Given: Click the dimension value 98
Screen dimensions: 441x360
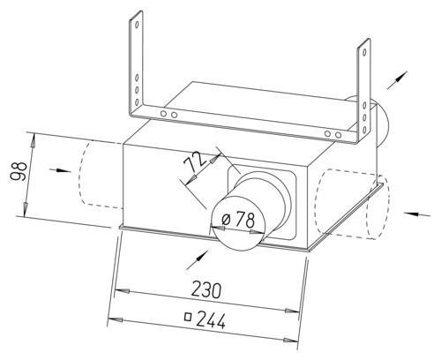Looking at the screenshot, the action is (x=19, y=170).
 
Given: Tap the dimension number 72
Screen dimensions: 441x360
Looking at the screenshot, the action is (x=195, y=161).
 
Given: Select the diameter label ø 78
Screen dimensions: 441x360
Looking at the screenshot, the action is (x=239, y=219).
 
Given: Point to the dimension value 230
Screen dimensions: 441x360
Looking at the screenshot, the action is (x=206, y=290).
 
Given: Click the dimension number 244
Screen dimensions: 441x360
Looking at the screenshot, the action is (x=211, y=320).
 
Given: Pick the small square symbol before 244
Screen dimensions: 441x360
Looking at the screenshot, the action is (x=188, y=317).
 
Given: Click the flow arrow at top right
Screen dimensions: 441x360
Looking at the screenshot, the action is (x=397, y=79).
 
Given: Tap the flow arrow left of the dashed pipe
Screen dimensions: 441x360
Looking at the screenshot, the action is (x=61, y=170).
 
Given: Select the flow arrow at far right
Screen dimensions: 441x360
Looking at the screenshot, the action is (x=416, y=214).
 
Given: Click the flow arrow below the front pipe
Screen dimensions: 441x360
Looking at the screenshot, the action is (x=198, y=259).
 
